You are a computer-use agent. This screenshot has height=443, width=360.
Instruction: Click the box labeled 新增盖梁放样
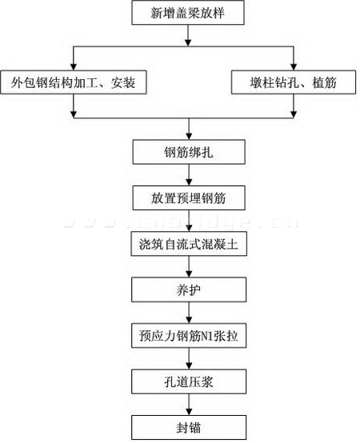[x=188, y=13]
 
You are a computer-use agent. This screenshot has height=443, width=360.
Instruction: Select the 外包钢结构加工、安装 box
[x=74, y=82]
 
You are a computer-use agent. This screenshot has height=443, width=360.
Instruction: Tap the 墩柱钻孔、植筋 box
[x=294, y=82]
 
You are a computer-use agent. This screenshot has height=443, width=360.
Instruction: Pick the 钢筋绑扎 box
[x=189, y=152]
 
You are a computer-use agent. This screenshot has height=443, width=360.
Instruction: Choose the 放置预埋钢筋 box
[x=189, y=198]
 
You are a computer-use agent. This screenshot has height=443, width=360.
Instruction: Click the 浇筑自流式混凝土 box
[x=189, y=244]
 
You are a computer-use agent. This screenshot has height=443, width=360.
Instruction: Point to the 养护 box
[x=189, y=289]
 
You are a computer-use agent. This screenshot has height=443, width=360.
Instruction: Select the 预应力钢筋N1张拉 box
[x=189, y=336]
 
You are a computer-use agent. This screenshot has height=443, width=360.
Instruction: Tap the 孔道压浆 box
[x=189, y=381]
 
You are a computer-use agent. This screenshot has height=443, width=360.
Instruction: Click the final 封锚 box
[x=189, y=428]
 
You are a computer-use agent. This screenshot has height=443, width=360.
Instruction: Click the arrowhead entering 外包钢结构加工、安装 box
[x=74, y=67]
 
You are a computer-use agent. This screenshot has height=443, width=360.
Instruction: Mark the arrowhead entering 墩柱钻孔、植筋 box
[x=294, y=67]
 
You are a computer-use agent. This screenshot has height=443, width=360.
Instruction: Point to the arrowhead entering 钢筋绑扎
[x=189, y=137]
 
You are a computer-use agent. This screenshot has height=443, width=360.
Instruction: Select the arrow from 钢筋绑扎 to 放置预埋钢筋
[x=189, y=175]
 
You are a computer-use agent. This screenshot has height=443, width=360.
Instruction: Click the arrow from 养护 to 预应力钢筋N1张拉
[x=189, y=313]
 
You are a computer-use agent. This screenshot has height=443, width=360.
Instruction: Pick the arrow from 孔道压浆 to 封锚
[x=189, y=405]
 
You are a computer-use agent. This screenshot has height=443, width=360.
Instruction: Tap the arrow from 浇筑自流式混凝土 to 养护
[x=189, y=267]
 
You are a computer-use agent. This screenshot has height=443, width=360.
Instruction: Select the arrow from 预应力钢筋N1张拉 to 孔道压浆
[x=189, y=359]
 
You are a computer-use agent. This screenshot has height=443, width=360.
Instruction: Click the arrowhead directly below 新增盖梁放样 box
[x=188, y=42]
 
